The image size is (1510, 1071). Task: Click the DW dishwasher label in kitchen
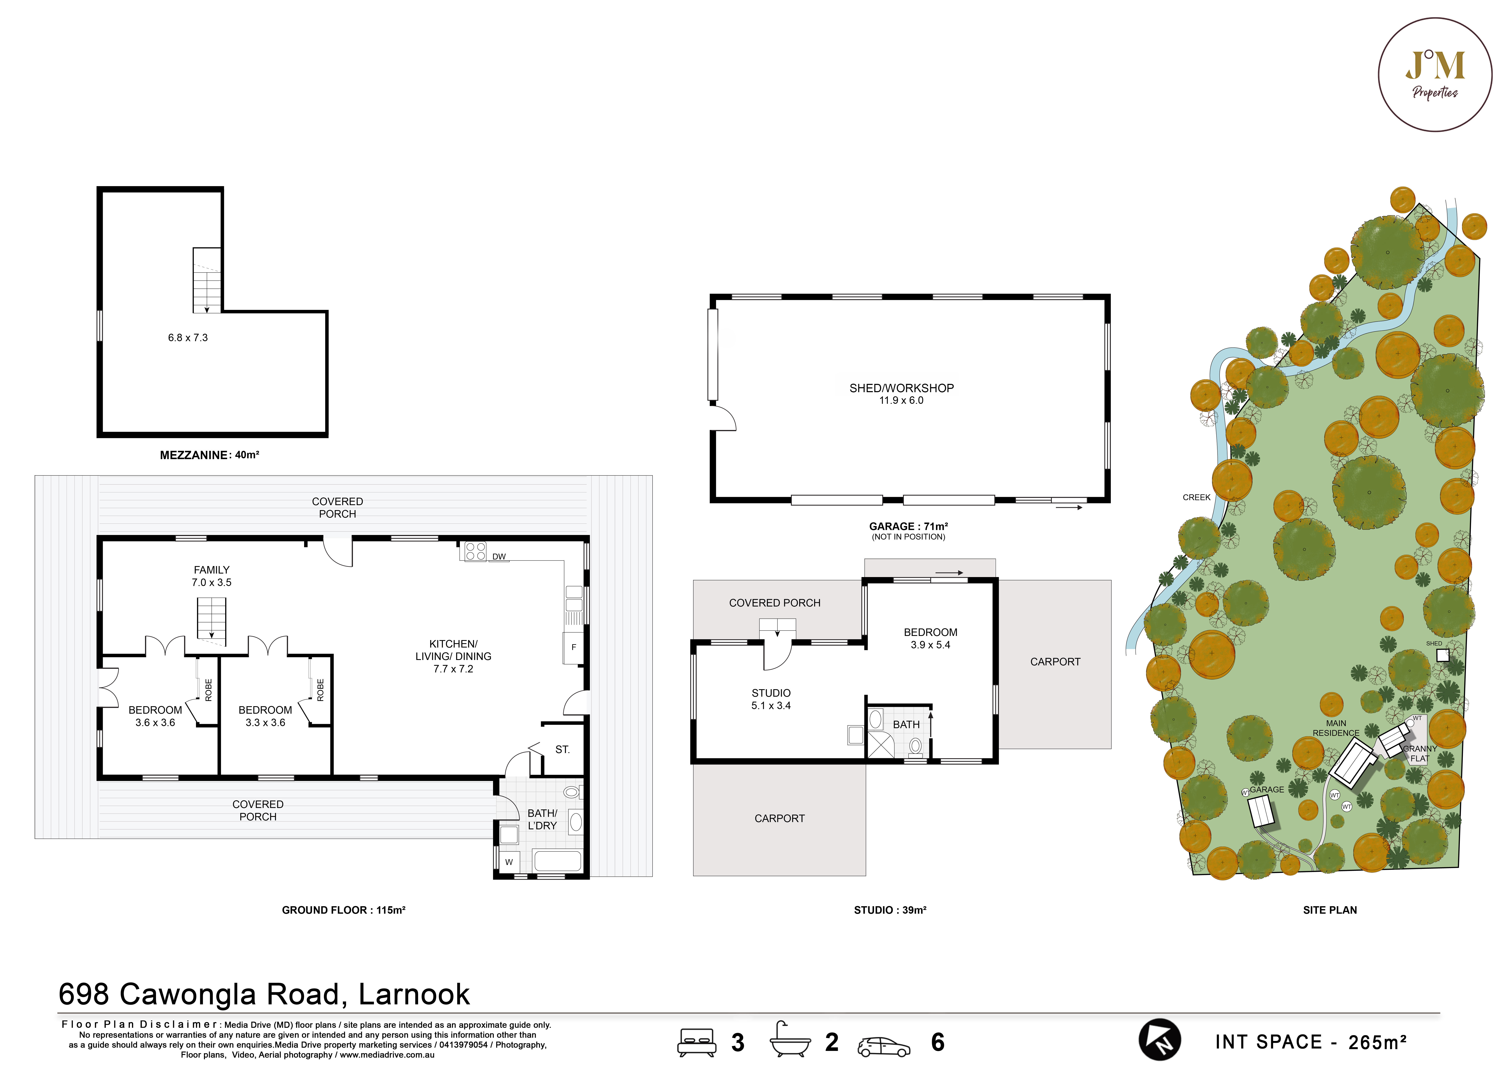[499, 557]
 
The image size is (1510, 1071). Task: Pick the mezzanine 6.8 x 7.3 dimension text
[188, 338]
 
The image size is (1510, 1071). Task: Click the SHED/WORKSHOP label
[901, 388]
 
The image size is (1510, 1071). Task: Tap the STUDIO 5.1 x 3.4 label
[770, 699]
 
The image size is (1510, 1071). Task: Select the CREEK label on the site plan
[1196, 497]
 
